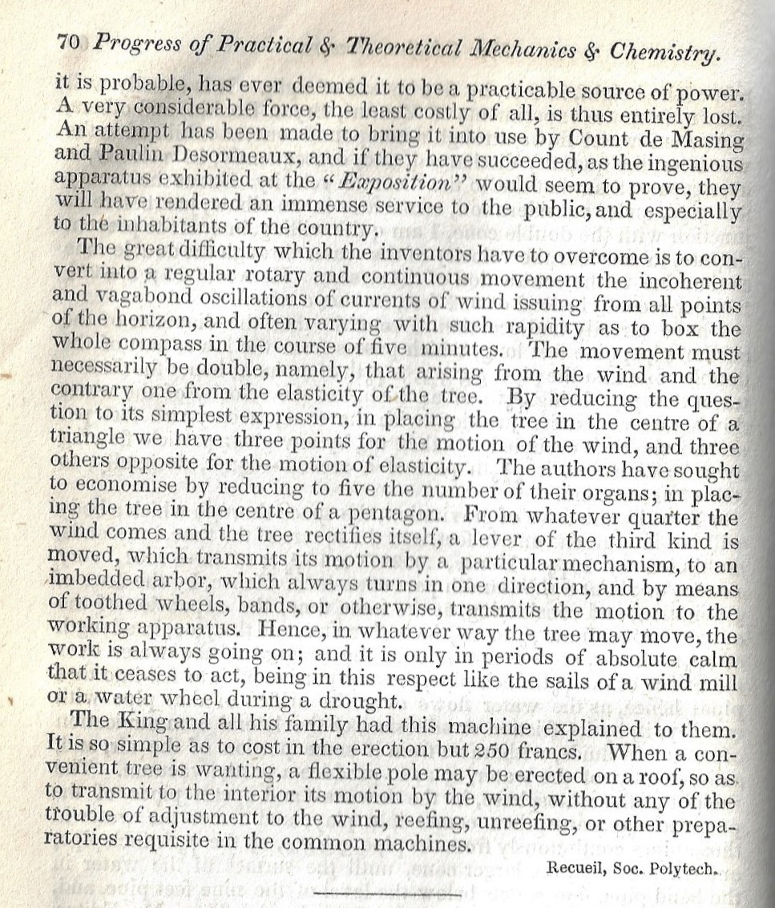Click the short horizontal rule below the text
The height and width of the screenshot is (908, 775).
point(388,891)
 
